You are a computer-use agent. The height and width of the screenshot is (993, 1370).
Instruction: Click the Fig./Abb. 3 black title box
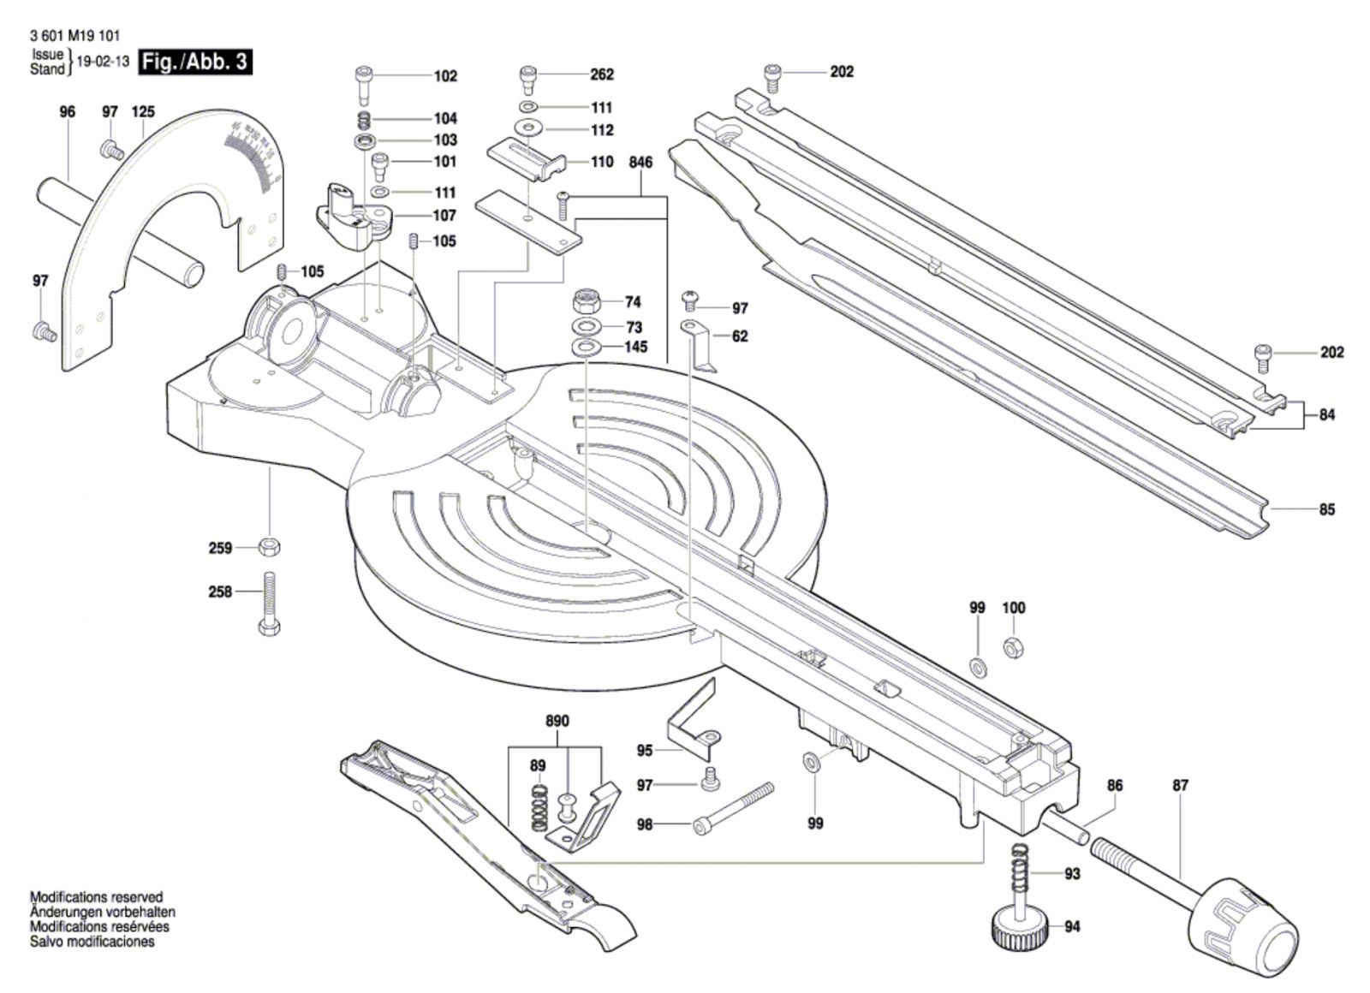196,62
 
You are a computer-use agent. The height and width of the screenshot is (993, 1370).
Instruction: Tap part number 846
640,163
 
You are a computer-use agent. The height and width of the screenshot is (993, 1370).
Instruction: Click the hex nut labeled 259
268,546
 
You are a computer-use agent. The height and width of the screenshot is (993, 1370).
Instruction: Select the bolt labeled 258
268,603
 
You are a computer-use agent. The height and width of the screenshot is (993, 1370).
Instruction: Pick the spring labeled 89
539,806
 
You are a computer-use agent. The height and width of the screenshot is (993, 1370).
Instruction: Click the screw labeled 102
362,83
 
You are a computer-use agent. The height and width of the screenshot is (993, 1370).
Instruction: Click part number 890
557,721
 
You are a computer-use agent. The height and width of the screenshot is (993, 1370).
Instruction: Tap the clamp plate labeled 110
527,159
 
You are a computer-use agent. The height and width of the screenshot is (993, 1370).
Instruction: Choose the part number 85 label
1326,509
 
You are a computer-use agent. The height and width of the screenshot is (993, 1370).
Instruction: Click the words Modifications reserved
96,897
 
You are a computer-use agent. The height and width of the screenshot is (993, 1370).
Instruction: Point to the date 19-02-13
103,62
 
